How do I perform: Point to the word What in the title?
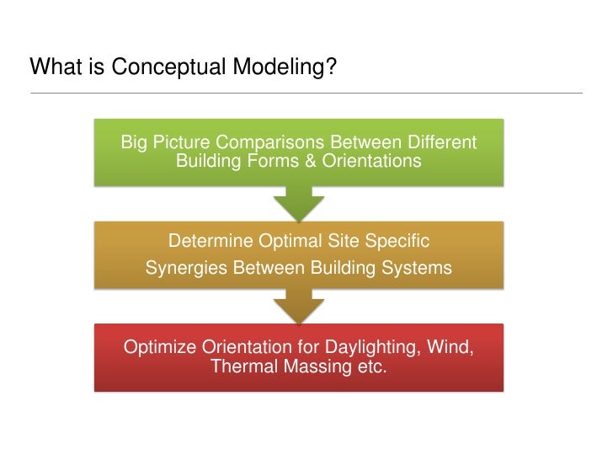(x=55, y=67)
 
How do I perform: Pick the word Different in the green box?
(x=437, y=142)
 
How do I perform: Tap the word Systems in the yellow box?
(x=419, y=269)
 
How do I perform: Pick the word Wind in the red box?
(x=455, y=347)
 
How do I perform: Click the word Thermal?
(x=243, y=366)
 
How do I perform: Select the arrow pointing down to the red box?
(x=299, y=306)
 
